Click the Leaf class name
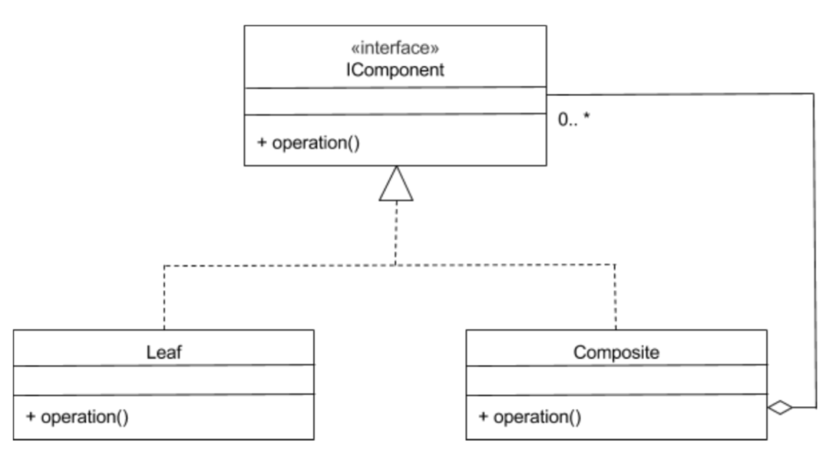pyautogui.click(x=164, y=352)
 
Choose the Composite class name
pyautogui.click(x=616, y=352)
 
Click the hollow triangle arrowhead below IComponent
pyautogui.click(x=395, y=184)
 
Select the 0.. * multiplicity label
pyautogui.click(x=574, y=120)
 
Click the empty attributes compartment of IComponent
pyautogui.click(x=395, y=100)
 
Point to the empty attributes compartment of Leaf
pyautogui.click(x=164, y=379)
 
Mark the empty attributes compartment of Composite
pyautogui.click(x=616, y=379)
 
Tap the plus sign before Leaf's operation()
pyautogui.click(x=31, y=416)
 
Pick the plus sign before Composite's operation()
pyautogui.click(x=483, y=416)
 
